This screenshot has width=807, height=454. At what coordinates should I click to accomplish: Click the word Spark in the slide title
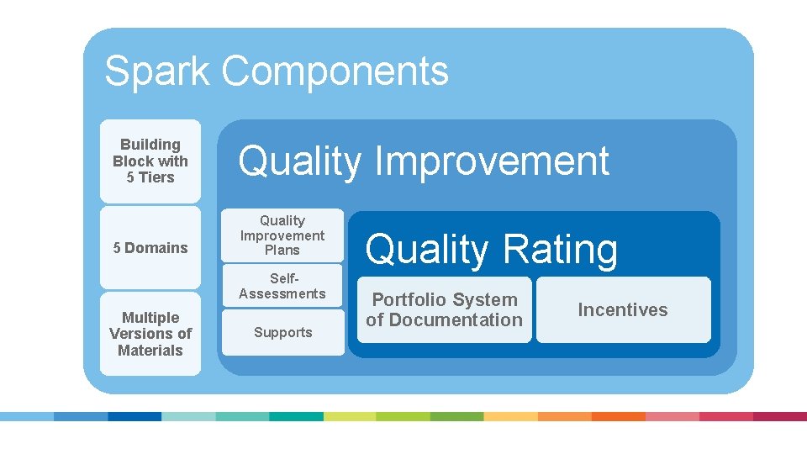tap(156, 71)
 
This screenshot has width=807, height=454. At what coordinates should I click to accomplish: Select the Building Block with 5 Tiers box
tap(150, 161)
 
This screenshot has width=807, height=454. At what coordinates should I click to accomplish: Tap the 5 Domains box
tap(150, 247)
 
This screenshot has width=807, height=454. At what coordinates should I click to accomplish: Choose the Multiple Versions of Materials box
tap(150, 334)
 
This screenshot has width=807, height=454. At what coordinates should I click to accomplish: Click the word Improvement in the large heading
tap(493, 161)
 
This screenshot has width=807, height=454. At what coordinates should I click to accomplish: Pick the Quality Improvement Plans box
tap(282, 235)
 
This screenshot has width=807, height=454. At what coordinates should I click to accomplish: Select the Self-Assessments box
tap(282, 286)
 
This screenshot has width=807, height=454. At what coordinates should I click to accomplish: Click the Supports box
tap(282, 332)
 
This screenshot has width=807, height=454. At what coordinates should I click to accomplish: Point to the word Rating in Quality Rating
tap(559, 250)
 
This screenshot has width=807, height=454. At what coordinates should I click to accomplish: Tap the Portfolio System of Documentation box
tap(444, 309)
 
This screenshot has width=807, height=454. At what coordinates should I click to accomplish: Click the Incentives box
tap(623, 309)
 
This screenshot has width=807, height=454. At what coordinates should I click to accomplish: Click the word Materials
tap(150, 351)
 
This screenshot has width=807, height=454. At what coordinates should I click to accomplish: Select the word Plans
tap(282, 251)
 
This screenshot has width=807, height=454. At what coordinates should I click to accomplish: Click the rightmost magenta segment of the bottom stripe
tap(779, 416)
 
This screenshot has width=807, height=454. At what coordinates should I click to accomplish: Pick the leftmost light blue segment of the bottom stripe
tap(27, 416)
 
